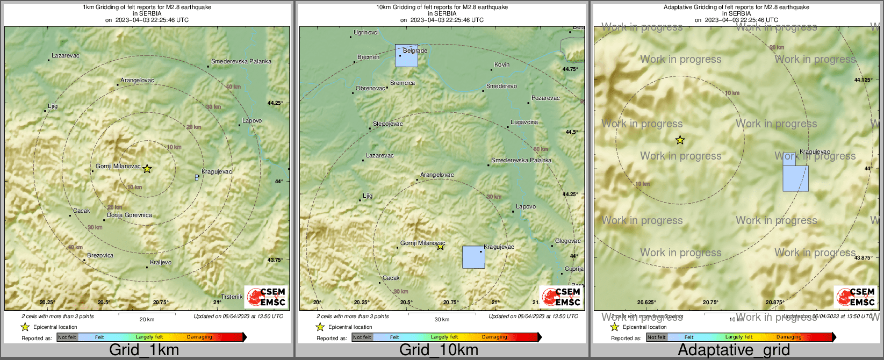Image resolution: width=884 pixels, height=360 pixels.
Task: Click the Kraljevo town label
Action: pos(161,263)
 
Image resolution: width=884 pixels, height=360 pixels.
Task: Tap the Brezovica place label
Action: pos(100,256)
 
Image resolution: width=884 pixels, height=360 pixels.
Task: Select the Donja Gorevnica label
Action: pos(130,215)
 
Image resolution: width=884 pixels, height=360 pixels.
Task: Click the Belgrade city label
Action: pos(415,51)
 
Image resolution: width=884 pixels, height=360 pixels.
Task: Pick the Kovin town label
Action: pos(502,65)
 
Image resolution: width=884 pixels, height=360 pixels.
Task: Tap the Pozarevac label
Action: pos(545,98)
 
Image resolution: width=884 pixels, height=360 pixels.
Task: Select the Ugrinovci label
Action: pos(366,33)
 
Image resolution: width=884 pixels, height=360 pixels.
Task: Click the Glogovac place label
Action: pos(567,241)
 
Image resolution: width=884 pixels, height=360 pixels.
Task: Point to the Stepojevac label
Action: pos(387,124)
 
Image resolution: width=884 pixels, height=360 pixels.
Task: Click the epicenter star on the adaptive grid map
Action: pos(680,140)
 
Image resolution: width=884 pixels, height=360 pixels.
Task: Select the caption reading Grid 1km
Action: pos(144,350)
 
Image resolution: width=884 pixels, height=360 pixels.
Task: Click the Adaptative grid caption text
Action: pos(734,350)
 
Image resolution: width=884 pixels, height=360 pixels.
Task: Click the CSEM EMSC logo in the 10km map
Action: pos(561,297)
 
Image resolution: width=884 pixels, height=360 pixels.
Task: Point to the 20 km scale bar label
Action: pos(147,320)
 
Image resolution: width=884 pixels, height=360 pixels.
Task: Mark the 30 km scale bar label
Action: pos(442,320)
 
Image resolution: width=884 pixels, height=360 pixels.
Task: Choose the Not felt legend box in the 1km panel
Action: pos(67,337)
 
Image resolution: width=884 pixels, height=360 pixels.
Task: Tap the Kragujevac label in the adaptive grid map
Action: pos(815,152)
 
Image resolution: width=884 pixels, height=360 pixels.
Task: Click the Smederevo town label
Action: pos(501,87)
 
